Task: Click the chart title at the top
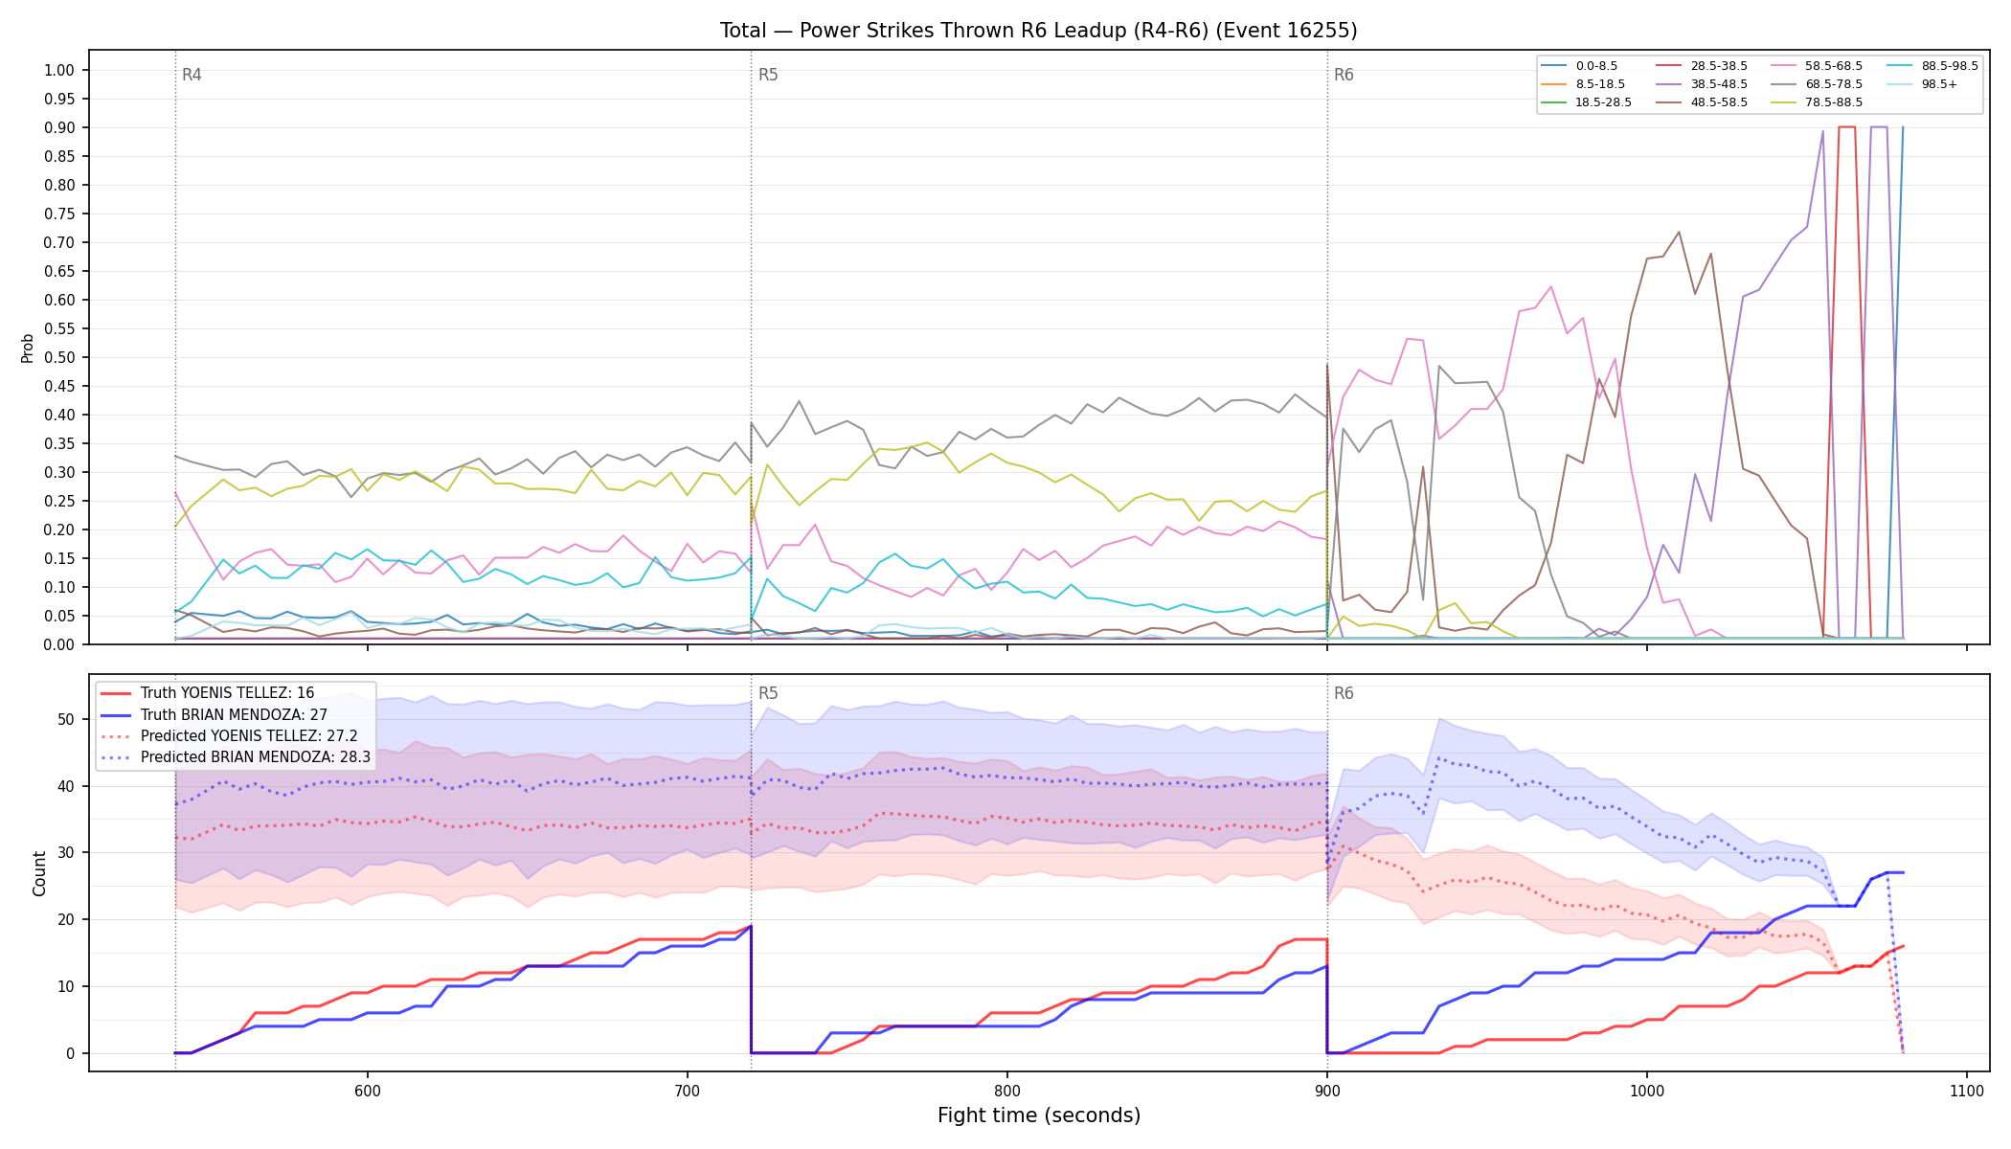(x=1038, y=31)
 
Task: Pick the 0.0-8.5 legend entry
(x=1579, y=66)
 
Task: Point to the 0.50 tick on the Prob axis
(x=59, y=357)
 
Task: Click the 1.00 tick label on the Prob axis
(x=59, y=70)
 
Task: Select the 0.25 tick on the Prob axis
(x=59, y=501)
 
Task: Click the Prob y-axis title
(x=27, y=348)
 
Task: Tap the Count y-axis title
(x=39, y=873)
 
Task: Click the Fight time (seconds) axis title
(x=1039, y=1115)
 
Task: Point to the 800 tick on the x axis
(x=1006, y=1091)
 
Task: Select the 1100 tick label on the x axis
(x=1966, y=1091)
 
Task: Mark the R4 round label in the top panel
(x=192, y=75)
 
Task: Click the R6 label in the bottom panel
(x=1344, y=693)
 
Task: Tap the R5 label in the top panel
(x=768, y=75)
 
